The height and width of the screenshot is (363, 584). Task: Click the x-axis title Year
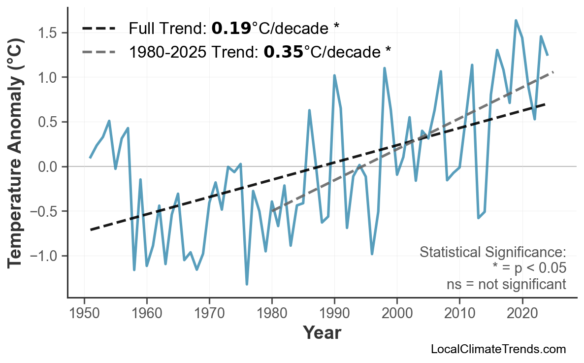point(322,333)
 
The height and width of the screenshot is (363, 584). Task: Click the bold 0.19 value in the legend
point(231,29)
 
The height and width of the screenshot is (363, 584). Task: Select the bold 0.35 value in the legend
point(283,51)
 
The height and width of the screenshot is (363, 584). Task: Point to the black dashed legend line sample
point(98,29)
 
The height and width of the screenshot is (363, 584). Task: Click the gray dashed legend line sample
point(98,51)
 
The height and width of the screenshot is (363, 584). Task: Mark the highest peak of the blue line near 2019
point(516,20)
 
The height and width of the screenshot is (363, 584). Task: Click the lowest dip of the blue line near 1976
point(247,284)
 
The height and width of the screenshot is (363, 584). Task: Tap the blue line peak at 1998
point(384,68)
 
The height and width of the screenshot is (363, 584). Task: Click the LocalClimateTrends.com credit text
point(498,349)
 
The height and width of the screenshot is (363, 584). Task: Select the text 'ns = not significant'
point(506,284)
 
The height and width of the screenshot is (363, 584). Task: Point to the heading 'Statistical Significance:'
point(492,252)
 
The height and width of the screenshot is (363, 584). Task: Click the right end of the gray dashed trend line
point(553,72)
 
